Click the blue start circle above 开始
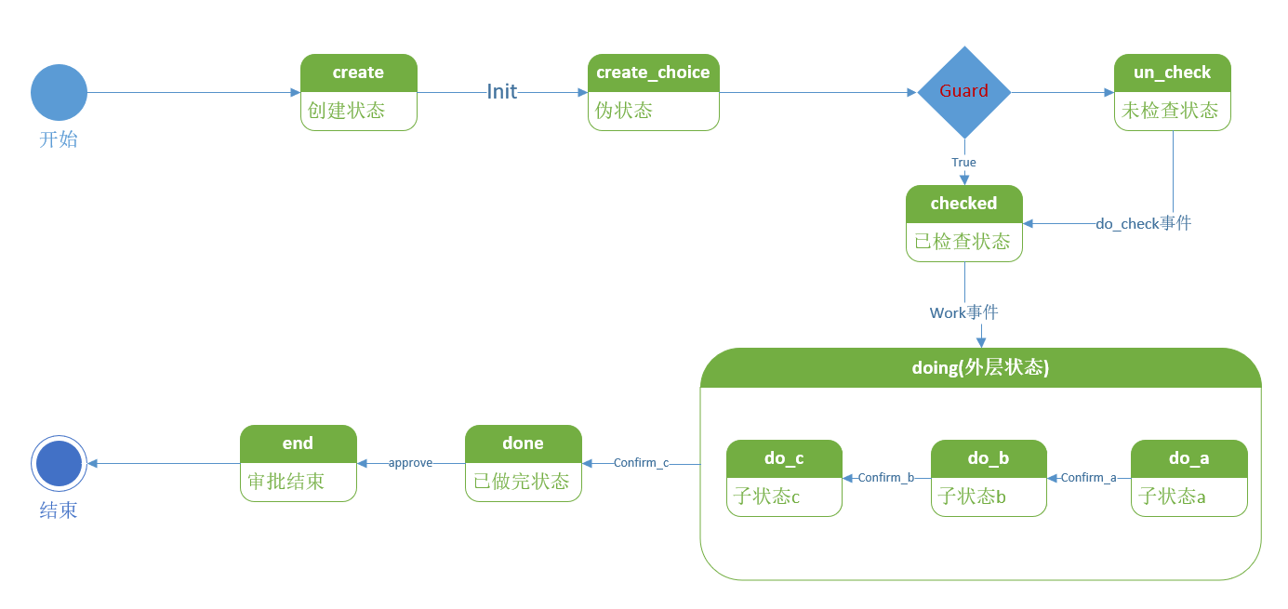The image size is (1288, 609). point(59,92)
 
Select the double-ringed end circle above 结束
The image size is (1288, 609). point(59,463)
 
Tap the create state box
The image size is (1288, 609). point(358,92)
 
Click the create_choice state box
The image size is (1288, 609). point(653,92)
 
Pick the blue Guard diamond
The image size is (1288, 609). point(963,92)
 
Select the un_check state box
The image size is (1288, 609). point(1172,92)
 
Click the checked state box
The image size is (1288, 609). point(963,223)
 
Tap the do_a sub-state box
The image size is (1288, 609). point(1188,478)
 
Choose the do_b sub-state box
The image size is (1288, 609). point(988,478)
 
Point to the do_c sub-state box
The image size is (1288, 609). point(784,478)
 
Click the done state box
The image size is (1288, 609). point(523,463)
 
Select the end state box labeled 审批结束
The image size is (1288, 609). point(298,463)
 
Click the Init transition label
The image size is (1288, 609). point(502,91)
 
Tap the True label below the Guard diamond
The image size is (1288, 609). point(963,163)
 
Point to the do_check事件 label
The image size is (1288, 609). point(1143,223)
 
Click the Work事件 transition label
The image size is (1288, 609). point(963,312)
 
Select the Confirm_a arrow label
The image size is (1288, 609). point(1088,478)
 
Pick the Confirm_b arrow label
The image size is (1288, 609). point(885,478)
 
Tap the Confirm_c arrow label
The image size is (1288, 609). point(641,463)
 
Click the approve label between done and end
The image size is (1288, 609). point(410,463)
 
